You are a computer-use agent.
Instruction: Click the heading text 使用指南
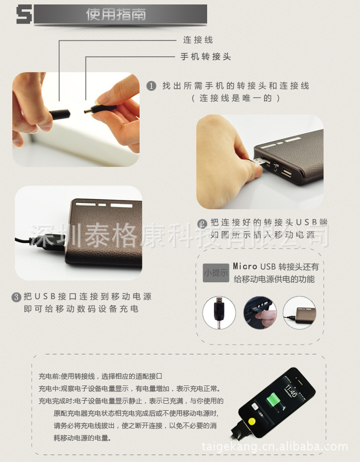(x=116, y=14)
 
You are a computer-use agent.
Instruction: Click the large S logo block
(x=24, y=14)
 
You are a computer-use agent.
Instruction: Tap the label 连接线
(x=198, y=40)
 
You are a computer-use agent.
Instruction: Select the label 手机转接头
(x=206, y=56)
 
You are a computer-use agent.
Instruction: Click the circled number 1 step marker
(x=151, y=86)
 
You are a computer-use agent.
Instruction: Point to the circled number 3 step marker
(x=16, y=297)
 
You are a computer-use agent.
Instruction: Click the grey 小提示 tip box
(x=216, y=273)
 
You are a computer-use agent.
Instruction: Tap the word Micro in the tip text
(x=245, y=267)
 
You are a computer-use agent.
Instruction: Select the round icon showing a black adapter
(x=219, y=312)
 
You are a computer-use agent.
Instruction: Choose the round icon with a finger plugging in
(x=260, y=312)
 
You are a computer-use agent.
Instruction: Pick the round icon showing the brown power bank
(x=299, y=312)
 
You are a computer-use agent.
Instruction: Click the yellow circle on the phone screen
(x=252, y=422)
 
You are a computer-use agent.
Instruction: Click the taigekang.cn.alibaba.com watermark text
(x=275, y=447)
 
